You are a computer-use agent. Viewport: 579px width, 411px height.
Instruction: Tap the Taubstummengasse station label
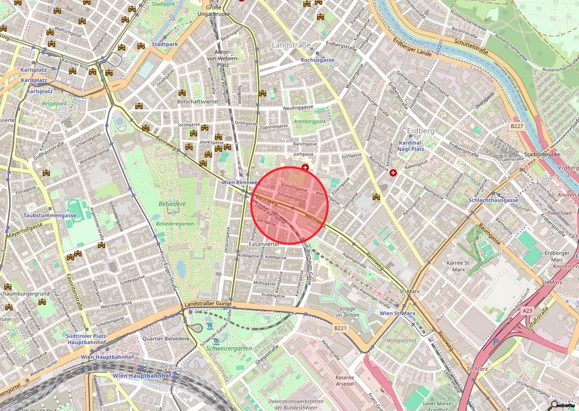tap(42, 216)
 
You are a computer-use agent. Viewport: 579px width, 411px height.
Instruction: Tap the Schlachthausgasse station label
tap(494, 200)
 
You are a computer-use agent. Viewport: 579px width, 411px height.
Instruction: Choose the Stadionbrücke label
tap(542, 153)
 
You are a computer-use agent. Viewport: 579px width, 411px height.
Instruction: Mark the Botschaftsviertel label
tap(197, 101)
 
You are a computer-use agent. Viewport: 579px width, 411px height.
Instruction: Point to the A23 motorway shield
tap(528, 310)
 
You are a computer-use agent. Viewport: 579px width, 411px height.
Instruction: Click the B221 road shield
tap(339, 328)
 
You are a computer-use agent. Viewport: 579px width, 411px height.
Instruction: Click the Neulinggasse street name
tap(299, 107)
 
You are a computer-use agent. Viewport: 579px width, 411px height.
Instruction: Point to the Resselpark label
tap(54, 104)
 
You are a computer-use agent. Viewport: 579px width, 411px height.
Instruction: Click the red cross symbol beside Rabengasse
tap(393, 172)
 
